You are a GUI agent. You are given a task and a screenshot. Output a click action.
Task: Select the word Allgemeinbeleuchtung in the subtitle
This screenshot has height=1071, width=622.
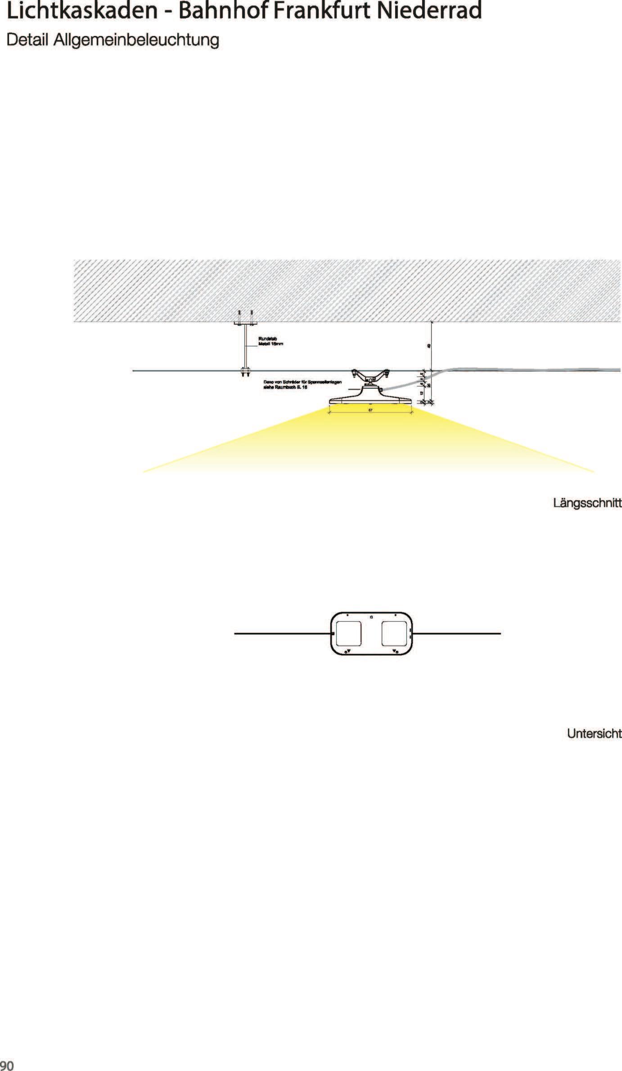[x=136, y=40]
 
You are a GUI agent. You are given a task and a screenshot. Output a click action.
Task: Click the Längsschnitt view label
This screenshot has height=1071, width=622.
[x=587, y=503]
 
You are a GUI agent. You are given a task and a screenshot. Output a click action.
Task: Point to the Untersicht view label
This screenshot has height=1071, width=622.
[x=594, y=734]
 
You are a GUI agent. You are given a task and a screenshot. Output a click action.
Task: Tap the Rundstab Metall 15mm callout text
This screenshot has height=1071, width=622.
[x=270, y=341]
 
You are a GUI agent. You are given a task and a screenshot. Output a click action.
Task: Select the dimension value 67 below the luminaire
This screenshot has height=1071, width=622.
[x=370, y=410]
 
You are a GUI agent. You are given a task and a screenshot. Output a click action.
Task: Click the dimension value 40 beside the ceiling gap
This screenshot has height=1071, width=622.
[x=429, y=346]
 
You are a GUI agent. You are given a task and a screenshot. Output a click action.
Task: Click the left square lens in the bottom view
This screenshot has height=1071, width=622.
[x=348, y=633]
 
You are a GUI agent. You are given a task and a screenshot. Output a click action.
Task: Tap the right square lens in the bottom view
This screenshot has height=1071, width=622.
[x=394, y=633]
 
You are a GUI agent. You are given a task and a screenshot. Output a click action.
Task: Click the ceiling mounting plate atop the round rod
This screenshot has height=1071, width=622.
[x=245, y=323]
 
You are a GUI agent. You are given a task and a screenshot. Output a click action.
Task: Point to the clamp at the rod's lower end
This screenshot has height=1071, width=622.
[x=245, y=372]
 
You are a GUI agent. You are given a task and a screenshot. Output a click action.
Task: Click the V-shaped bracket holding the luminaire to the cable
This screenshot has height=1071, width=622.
[x=370, y=374]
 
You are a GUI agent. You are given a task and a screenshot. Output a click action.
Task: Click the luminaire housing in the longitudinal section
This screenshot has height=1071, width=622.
[x=370, y=399]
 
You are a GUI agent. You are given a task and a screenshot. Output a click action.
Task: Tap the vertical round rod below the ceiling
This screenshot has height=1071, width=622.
[x=245, y=346]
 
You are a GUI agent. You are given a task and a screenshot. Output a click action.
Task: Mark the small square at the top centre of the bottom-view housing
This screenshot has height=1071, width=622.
[x=371, y=617]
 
